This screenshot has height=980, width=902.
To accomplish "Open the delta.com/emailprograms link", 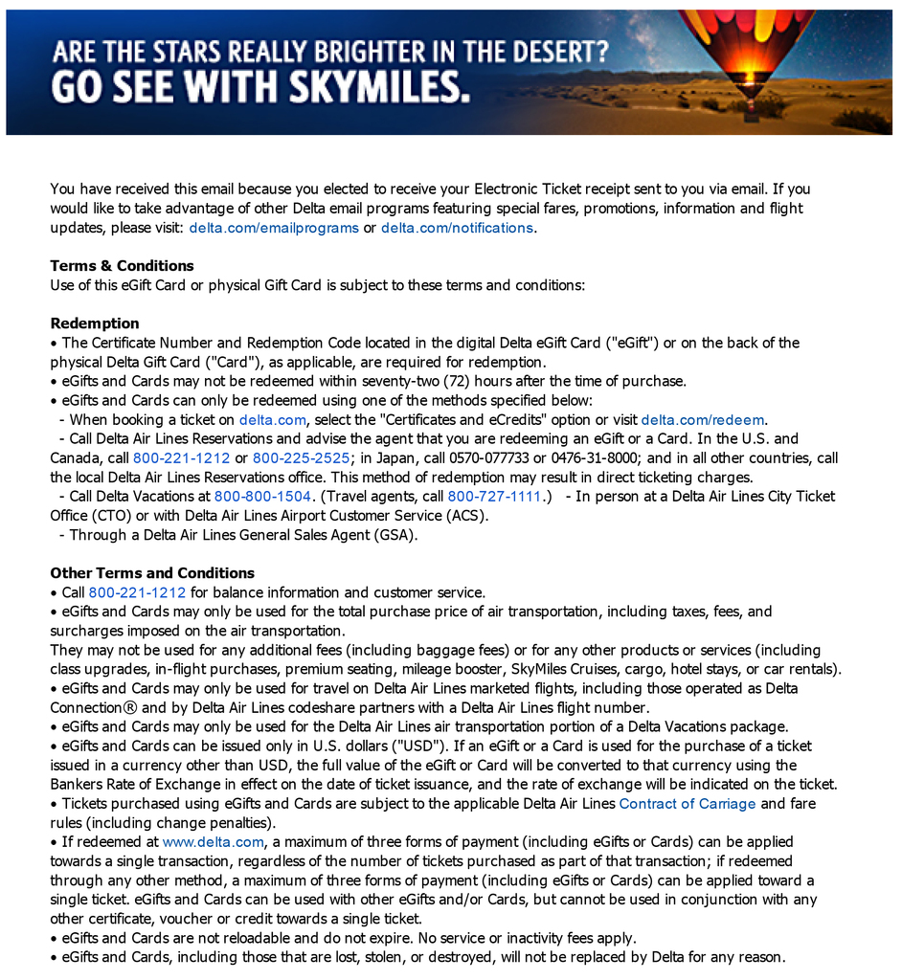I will tap(274, 228).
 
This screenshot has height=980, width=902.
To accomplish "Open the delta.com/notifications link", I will tap(457, 228).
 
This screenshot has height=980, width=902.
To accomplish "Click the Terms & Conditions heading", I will tap(122, 265).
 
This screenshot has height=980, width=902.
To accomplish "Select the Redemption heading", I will tap(95, 323).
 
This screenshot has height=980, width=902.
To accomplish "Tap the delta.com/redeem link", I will tap(703, 419).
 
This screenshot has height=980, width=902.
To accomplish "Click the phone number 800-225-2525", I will tap(301, 457).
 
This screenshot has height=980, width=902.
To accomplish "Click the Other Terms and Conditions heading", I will tap(152, 572).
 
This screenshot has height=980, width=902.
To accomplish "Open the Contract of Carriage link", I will tap(688, 803).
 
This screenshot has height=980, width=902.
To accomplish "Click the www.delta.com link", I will tap(213, 841).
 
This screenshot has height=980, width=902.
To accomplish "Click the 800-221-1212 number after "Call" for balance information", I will tap(137, 592).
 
